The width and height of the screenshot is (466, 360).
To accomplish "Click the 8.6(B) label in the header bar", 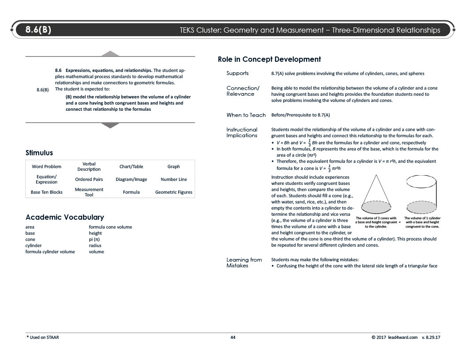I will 38,30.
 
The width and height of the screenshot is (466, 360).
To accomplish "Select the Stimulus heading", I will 39,153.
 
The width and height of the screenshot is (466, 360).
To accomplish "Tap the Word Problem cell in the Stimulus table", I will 46,167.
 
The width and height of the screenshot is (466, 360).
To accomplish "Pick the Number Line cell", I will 173,180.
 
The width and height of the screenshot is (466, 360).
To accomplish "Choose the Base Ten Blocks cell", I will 46,192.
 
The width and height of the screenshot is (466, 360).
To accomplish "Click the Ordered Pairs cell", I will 89,180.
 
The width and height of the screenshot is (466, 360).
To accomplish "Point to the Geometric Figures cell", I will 173,192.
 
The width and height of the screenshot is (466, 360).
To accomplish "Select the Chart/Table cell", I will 131,167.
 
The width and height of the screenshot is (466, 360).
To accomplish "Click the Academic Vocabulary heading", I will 65,217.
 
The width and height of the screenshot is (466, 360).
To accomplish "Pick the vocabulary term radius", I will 95,246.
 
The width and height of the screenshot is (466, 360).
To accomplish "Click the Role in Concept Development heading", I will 269,59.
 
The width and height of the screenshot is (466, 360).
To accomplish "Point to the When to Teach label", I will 246,115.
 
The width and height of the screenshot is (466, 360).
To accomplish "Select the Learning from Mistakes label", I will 244,262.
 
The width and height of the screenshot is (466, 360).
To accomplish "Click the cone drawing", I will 376,194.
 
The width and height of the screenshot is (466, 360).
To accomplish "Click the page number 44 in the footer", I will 233,337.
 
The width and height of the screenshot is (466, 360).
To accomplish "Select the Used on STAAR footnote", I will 43,337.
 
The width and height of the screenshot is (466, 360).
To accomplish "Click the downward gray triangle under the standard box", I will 110,125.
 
